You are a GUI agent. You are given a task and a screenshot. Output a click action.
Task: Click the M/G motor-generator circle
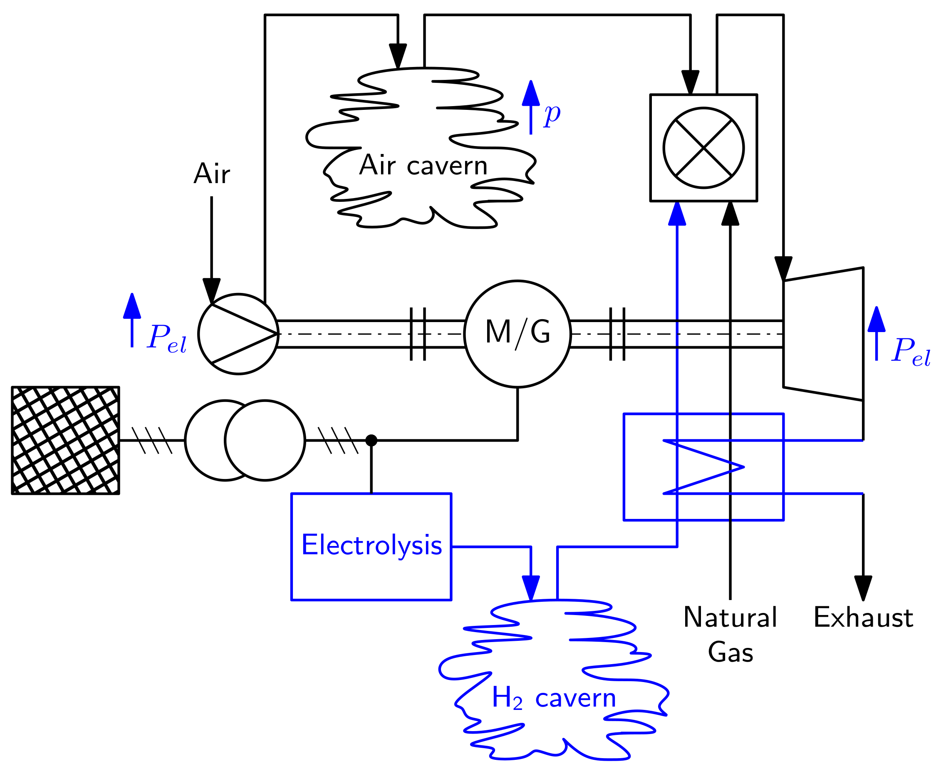pos(517,333)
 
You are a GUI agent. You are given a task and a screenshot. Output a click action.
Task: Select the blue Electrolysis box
pos(371,546)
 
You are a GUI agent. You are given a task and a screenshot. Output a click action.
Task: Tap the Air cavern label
pos(423,165)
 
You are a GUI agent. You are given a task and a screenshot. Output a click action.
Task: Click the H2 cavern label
pos(553,698)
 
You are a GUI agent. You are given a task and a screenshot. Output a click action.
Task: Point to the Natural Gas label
pos(730,634)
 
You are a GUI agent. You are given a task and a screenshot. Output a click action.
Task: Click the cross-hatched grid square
pos(66,440)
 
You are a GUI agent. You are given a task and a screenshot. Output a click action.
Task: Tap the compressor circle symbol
pos(238,333)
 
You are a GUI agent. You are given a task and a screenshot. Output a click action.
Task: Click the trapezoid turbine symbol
pos(823,333)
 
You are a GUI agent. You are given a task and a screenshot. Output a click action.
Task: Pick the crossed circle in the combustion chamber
pos(703,148)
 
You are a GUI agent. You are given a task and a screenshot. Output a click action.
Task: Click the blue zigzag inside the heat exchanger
pos(703,467)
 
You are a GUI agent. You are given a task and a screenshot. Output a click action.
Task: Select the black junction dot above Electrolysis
pos(371,441)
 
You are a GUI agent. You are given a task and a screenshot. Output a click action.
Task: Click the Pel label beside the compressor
pos(167,337)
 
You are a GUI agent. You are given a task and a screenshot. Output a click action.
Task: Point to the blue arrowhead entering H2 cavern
pos(530,588)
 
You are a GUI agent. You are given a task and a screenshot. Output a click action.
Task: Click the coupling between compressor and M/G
pos(418,333)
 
